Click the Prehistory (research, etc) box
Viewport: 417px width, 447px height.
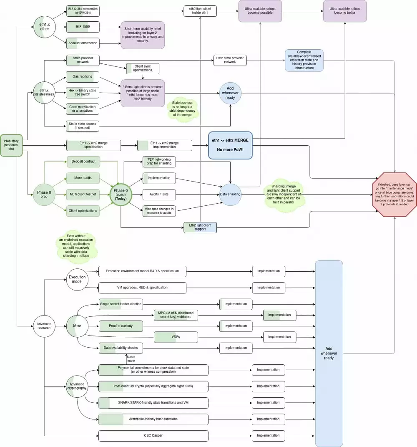11,145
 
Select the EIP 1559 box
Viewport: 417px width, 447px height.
83,27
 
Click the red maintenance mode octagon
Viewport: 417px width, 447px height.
394,194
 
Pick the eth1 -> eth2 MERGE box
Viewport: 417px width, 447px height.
230,145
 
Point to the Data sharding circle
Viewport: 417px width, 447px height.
230,194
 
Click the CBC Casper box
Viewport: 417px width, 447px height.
153,436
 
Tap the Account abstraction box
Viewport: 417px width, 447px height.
83,43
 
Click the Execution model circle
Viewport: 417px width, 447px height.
77,280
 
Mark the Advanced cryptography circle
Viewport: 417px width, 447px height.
77,386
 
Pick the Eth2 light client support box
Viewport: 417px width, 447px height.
200,227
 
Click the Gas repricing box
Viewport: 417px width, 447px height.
83,77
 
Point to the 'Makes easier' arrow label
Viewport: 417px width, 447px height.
131,359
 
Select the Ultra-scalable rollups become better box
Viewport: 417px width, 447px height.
344,11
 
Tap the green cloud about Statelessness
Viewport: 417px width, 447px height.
182,109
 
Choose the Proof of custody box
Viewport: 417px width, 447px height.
121,326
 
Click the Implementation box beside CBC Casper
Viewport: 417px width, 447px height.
268,436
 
